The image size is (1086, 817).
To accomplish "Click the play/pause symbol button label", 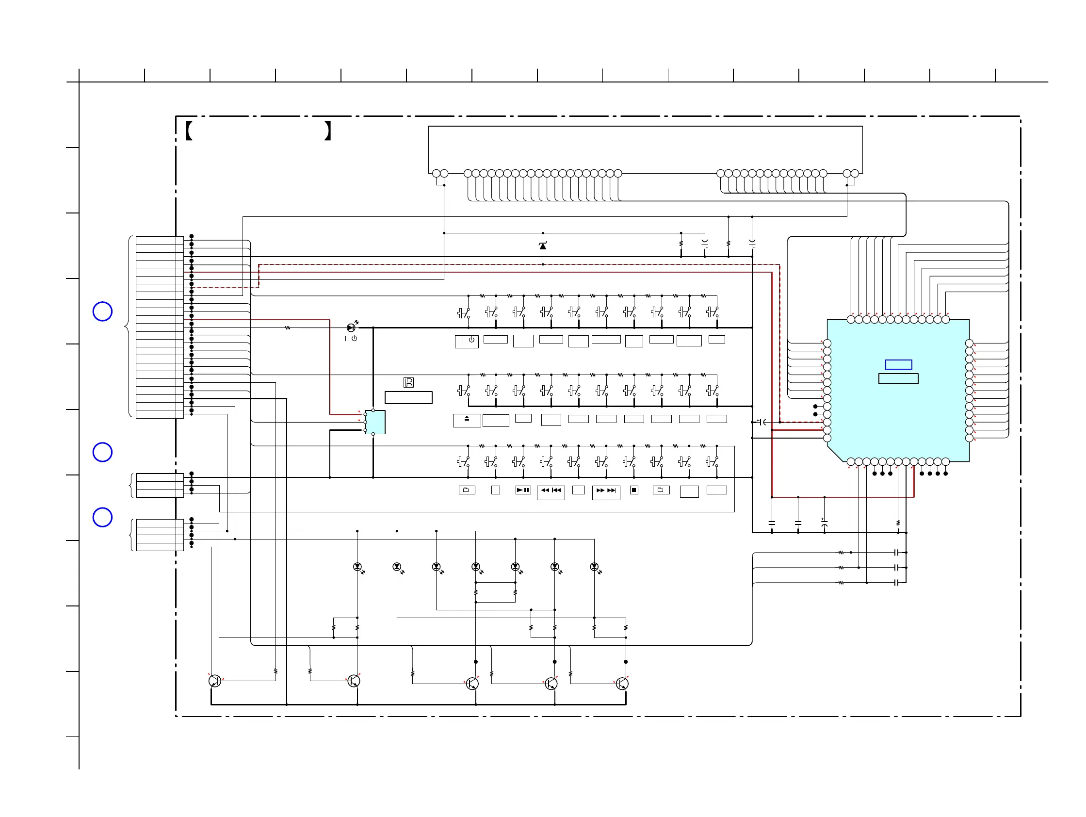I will click(523, 490).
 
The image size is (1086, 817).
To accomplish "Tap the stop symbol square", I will click(634, 490).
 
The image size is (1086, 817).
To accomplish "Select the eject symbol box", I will click(467, 420).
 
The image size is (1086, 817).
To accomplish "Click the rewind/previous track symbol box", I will click(551, 492).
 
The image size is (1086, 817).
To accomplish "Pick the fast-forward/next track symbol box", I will click(606, 492).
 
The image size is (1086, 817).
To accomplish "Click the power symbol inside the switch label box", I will click(471, 340).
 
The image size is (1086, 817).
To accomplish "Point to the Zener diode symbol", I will click(542, 245).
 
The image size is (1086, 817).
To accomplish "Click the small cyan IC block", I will click(374, 422).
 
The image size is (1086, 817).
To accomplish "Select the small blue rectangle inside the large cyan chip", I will click(898, 364).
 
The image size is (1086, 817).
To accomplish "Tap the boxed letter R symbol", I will click(408, 382).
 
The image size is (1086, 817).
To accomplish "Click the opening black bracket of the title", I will click(189, 131).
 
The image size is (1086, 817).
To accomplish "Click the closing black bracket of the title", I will click(328, 131).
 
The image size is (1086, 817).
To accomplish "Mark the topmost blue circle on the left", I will click(103, 311).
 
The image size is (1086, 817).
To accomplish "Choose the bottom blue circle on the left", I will click(103, 517).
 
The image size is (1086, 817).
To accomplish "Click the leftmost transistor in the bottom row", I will click(214, 681).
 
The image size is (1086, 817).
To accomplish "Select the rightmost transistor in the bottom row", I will click(622, 684).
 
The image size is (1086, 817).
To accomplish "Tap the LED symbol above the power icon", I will click(351, 327).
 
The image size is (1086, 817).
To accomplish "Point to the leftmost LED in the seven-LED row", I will click(357, 567).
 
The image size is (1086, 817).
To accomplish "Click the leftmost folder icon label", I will click(467, 490).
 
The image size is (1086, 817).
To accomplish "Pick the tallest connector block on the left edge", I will click(160, 327).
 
